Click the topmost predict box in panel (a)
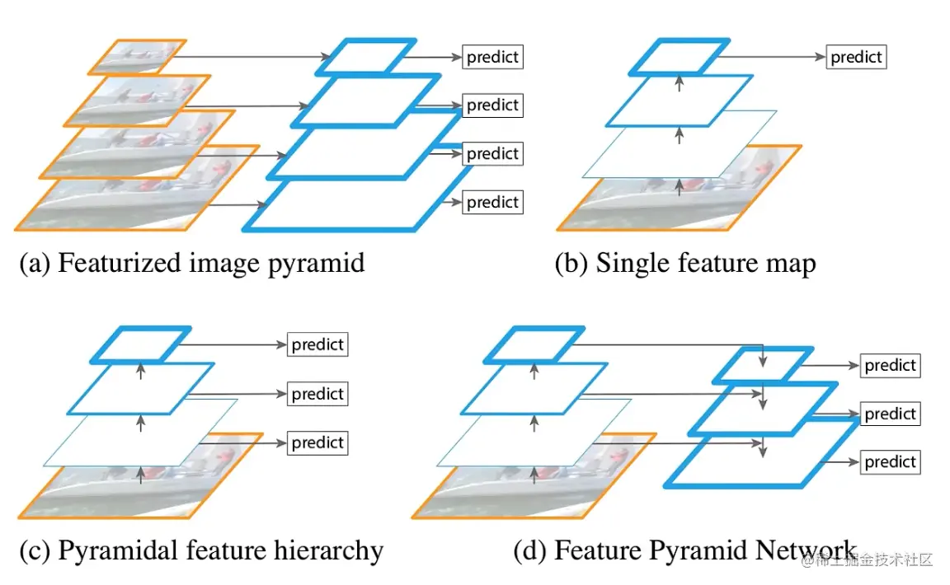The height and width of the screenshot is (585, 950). (x=492, y=57)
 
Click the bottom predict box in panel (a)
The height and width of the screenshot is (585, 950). (x=492, y=202)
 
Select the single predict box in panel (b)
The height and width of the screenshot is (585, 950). (x=856, y=58)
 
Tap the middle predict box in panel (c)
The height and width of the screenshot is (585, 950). (x=317, y=394)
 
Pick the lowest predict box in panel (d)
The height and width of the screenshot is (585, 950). (x=891, y=462)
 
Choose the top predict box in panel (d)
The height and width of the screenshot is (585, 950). (x=891, y=365)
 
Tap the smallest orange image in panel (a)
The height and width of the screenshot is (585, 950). (x=136, y=57)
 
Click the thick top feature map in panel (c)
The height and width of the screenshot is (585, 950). (x=140, y=344)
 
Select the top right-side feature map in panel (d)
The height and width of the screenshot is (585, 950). (x=762, y=365)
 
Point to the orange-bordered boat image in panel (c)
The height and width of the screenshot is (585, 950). (x=206, y=486)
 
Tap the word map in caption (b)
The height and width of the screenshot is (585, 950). (x=789, y=264)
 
